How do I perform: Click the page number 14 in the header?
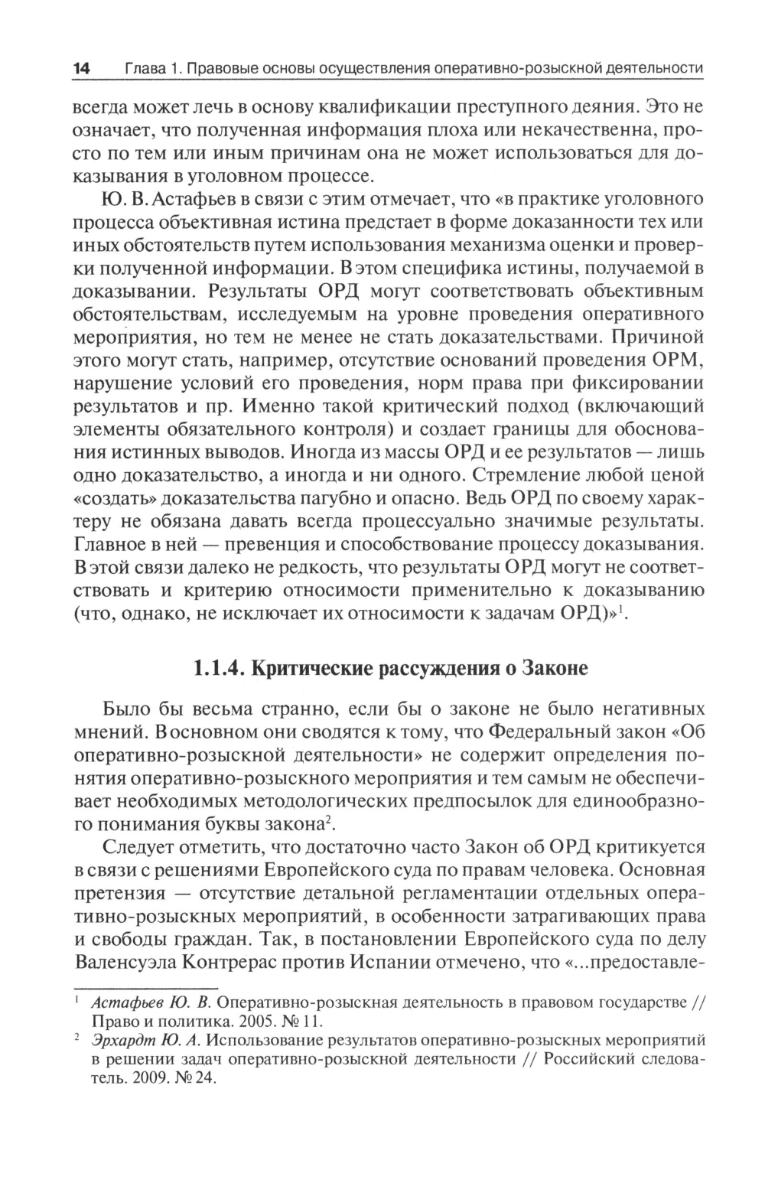82,70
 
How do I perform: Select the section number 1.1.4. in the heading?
218,668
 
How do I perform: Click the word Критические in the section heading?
309,668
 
